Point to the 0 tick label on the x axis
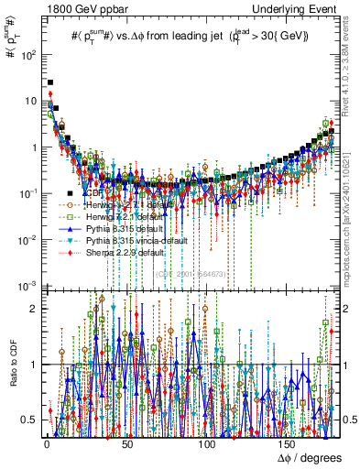point(46,442)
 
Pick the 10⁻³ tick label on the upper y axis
point(28,287)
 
